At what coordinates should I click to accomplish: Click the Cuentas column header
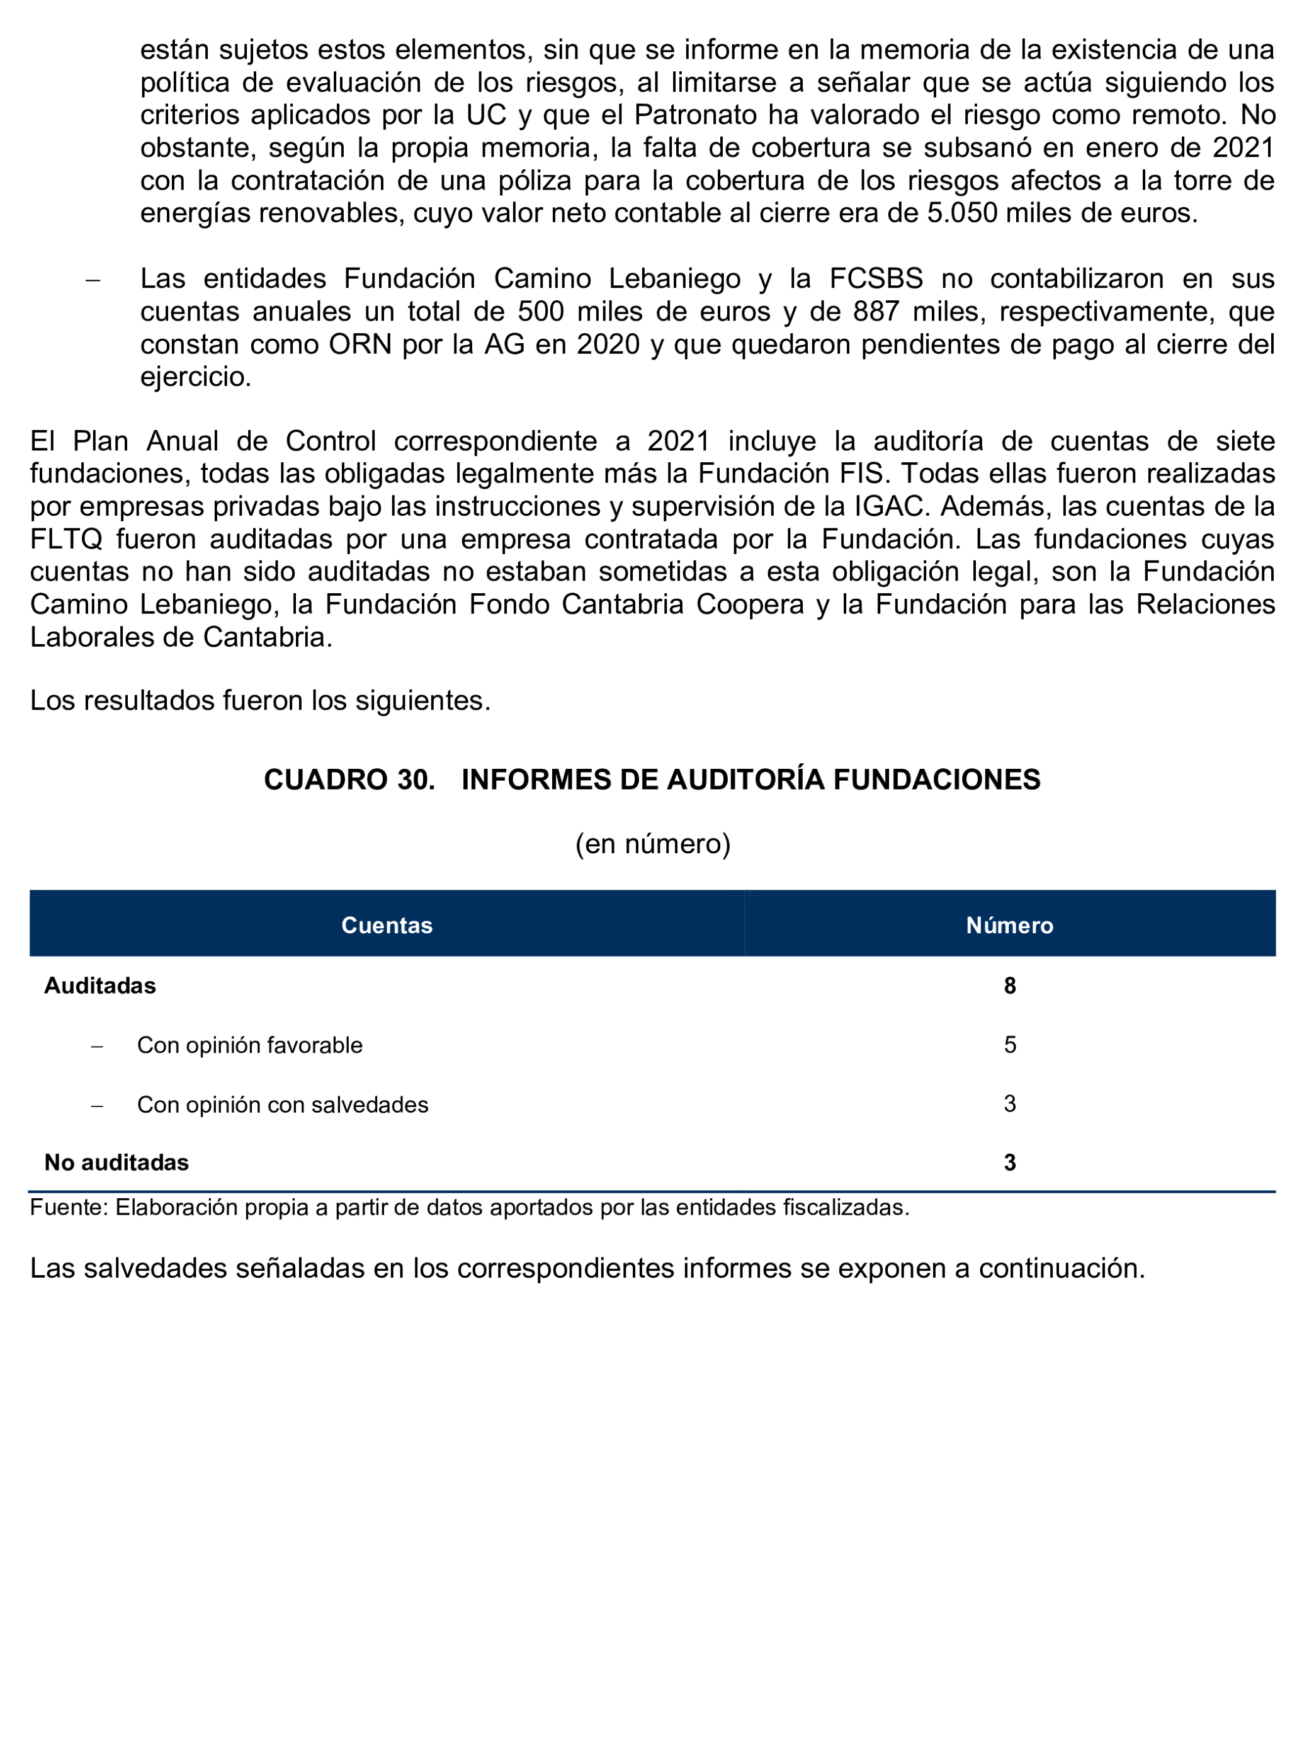[387, 926]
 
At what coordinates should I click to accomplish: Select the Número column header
[1009, 926]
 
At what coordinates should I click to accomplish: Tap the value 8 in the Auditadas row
[1009, 985]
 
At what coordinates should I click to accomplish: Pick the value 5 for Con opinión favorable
[1009, 1045]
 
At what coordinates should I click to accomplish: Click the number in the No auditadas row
[1009, 1162]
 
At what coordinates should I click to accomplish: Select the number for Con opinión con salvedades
[1009, 1104]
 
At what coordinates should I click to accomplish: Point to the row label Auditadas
[99, 985]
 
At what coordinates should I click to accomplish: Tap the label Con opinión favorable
[250, 1045]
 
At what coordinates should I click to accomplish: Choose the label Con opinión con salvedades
[282, 1104]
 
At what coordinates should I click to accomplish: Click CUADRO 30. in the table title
[349, 780]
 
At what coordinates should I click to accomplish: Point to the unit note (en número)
[653, 844]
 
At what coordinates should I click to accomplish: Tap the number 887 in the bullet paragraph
[877, 311]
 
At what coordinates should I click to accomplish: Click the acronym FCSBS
[875, 279]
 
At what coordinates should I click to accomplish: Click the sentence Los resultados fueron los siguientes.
[260, 700]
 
